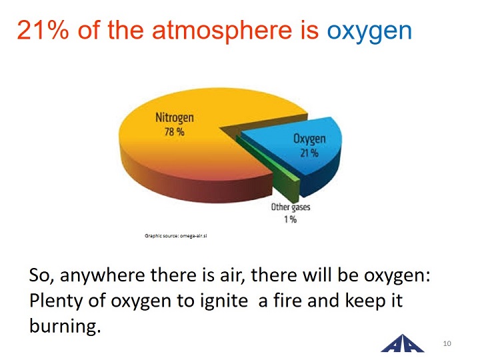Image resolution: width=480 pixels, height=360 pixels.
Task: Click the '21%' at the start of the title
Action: (43, 30)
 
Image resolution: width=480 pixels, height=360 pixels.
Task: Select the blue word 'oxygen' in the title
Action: (369, 33)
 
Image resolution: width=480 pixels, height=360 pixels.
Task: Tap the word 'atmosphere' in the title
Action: (222, 32)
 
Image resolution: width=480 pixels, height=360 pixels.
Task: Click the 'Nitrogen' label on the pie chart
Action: (175, 117)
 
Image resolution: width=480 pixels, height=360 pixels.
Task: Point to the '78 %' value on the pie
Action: (175, 132)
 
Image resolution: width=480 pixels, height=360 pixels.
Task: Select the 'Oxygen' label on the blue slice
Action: (309, 139)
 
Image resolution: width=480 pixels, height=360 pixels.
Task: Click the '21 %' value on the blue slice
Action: (309, 153)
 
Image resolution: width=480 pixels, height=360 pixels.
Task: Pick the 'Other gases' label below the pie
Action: (291, 207)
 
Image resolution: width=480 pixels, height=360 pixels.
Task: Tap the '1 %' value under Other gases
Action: (290, 219)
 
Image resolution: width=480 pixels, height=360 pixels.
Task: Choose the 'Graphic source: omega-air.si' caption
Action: (176, 236)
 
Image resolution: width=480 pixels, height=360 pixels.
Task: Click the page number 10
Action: (447, 343)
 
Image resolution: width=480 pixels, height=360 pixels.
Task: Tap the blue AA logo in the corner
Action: (402, 343)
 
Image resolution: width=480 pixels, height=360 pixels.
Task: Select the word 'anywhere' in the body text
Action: (102, 275)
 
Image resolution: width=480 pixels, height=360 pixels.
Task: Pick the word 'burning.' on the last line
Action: (65, 326)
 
